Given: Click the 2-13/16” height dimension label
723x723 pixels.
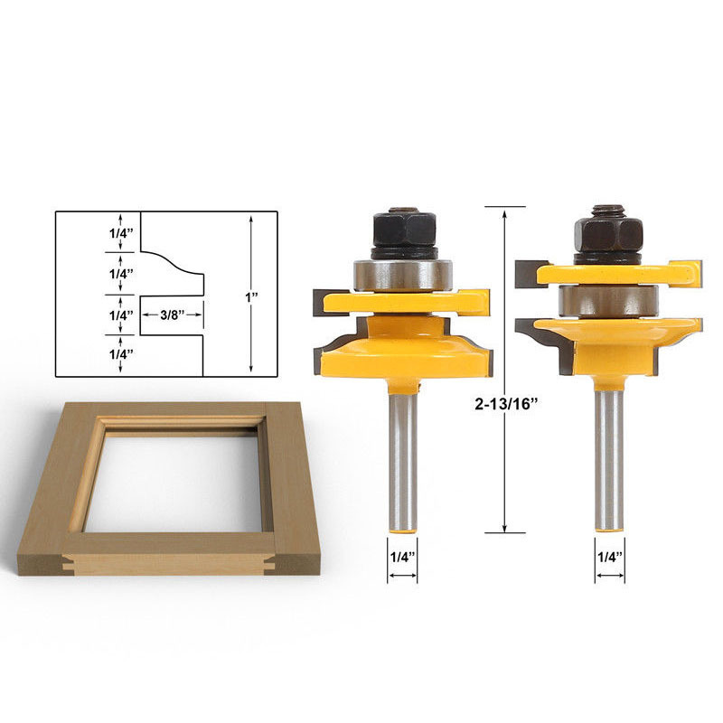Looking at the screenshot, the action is click(507, 404).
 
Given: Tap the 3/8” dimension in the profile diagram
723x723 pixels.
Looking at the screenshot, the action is click(172, 315).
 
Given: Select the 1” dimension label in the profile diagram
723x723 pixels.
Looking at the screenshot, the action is click(251, 297).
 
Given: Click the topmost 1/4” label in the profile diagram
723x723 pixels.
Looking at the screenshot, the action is click(121, 233).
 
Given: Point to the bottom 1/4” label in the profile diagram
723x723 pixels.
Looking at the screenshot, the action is click(121, 354).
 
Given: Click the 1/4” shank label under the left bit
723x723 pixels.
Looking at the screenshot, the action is click(402, 557).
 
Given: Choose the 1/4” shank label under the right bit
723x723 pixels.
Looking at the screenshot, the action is click(610, 557).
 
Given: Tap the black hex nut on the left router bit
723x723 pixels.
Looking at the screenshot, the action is click(404, 230).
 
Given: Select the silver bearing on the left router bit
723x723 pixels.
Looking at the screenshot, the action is click(402, 276).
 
